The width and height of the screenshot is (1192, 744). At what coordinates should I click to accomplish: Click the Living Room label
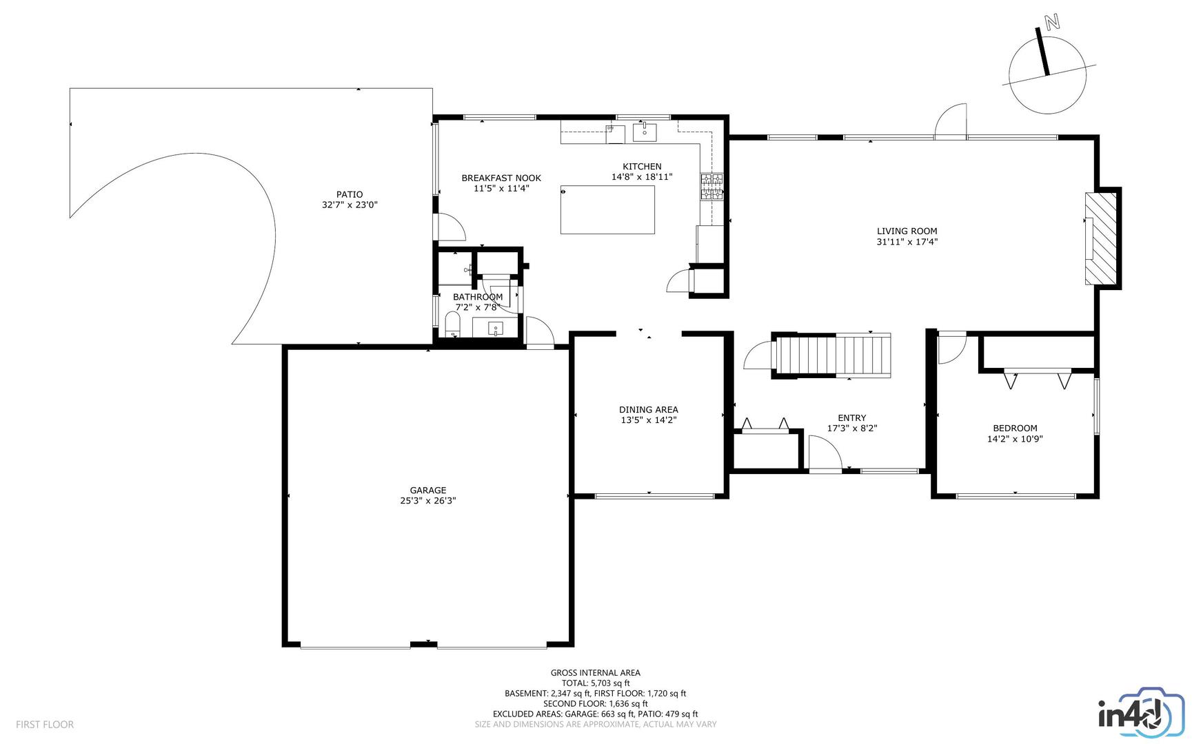click(907, 231)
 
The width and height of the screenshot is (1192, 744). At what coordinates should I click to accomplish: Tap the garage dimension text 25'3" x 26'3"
click(428, 502)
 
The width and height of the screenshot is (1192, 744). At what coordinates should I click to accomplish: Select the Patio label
click(350, 194)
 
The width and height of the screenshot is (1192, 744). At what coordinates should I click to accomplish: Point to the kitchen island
click(607, 209)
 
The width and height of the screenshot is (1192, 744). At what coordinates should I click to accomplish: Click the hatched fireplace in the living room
click(1102, 238)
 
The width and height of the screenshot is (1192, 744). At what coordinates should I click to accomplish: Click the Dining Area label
click(648, 410)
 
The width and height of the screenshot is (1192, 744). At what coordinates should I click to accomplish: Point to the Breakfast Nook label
click(501, 178)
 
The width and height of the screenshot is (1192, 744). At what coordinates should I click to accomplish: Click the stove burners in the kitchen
click(712, 187)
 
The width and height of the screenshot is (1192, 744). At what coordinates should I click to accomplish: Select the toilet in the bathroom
click(452, 324)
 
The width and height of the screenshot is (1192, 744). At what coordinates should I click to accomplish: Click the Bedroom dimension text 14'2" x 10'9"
click(1015, 439)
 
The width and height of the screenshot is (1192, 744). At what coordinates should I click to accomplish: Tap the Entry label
click(852, 417)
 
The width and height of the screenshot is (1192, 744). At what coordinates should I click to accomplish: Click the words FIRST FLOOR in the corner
click(45, 725)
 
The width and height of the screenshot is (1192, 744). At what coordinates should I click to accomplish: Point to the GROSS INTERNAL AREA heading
click(596, 673)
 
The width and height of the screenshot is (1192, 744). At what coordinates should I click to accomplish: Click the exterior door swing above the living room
click(951, 121)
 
